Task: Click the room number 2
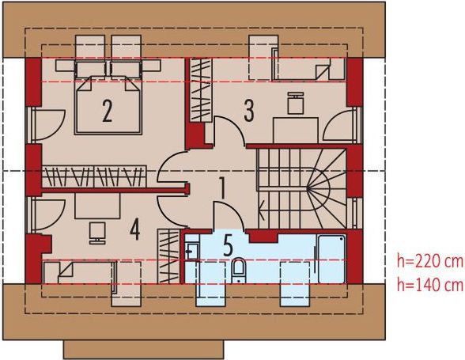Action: point(106,112)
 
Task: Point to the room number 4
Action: point(135,230)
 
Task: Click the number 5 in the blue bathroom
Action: point(227,245)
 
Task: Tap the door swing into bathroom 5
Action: point(224,211)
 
